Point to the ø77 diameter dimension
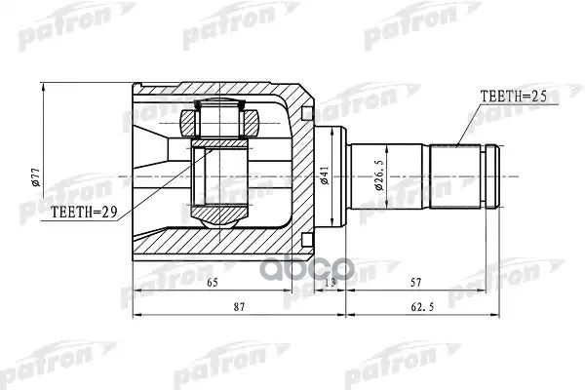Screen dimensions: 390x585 point(36,176)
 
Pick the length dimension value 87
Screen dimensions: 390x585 point(239,308)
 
